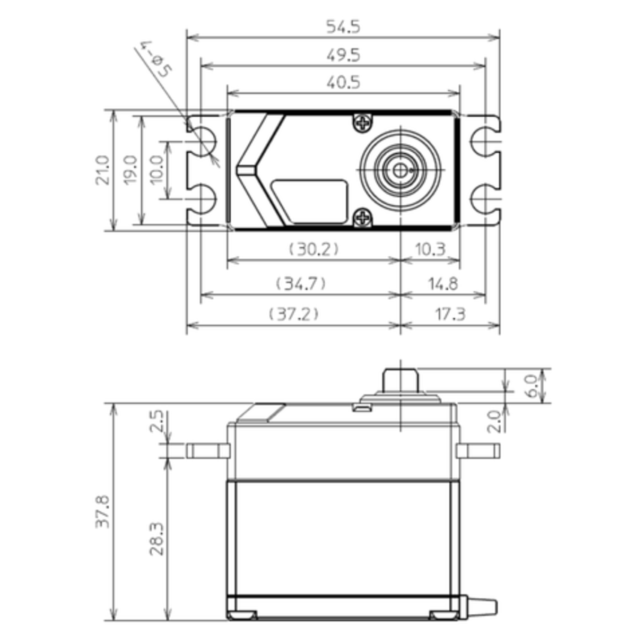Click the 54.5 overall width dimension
(x=343, y=27)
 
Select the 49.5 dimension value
(x=343, y=55)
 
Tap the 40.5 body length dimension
(x=343, y=83)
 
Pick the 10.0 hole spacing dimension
(x=157, y=170)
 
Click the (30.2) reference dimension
(x=314, y=249)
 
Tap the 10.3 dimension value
(x=430, y=249)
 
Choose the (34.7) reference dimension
(x=301, y=283)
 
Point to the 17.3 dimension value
(x=450, y=314)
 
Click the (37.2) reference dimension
(x=294, y=314)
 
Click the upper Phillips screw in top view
(x=363, y=124)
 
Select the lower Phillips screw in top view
(x=363, y=217)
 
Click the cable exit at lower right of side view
(x=480, y=606)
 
